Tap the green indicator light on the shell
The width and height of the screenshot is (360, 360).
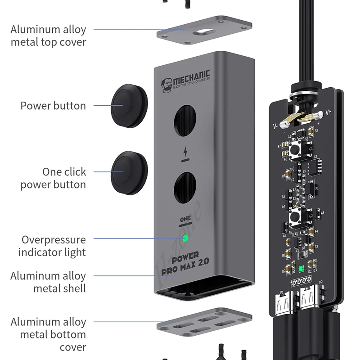click(185, 238)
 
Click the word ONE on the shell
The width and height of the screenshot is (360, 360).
click(185, 219)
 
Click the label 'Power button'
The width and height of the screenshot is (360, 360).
click(53, 106)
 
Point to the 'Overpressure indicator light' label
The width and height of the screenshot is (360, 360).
click(54, 246)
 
